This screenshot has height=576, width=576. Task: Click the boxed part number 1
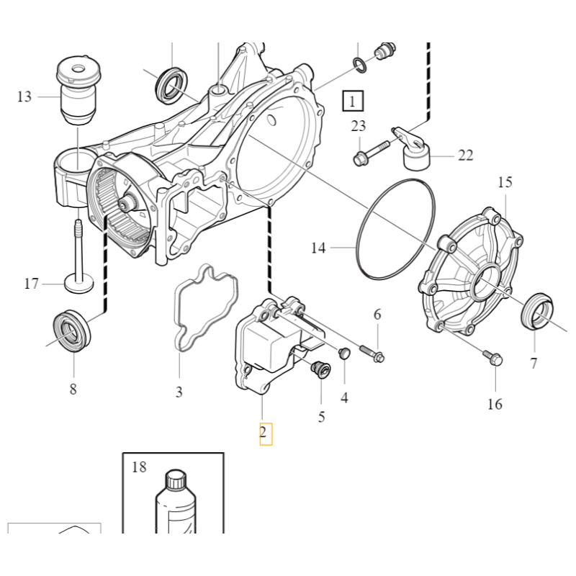[x=353, y=102]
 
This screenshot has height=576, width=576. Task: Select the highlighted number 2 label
[x=265, y=433]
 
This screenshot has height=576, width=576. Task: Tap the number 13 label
[x=24, y=96]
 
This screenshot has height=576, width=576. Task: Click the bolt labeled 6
[x=372, y=354]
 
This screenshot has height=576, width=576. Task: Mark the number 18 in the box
[x=139, y=467]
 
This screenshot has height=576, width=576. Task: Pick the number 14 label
[x=318, y=248]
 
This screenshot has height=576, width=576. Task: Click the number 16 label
[x=495, y=404]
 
